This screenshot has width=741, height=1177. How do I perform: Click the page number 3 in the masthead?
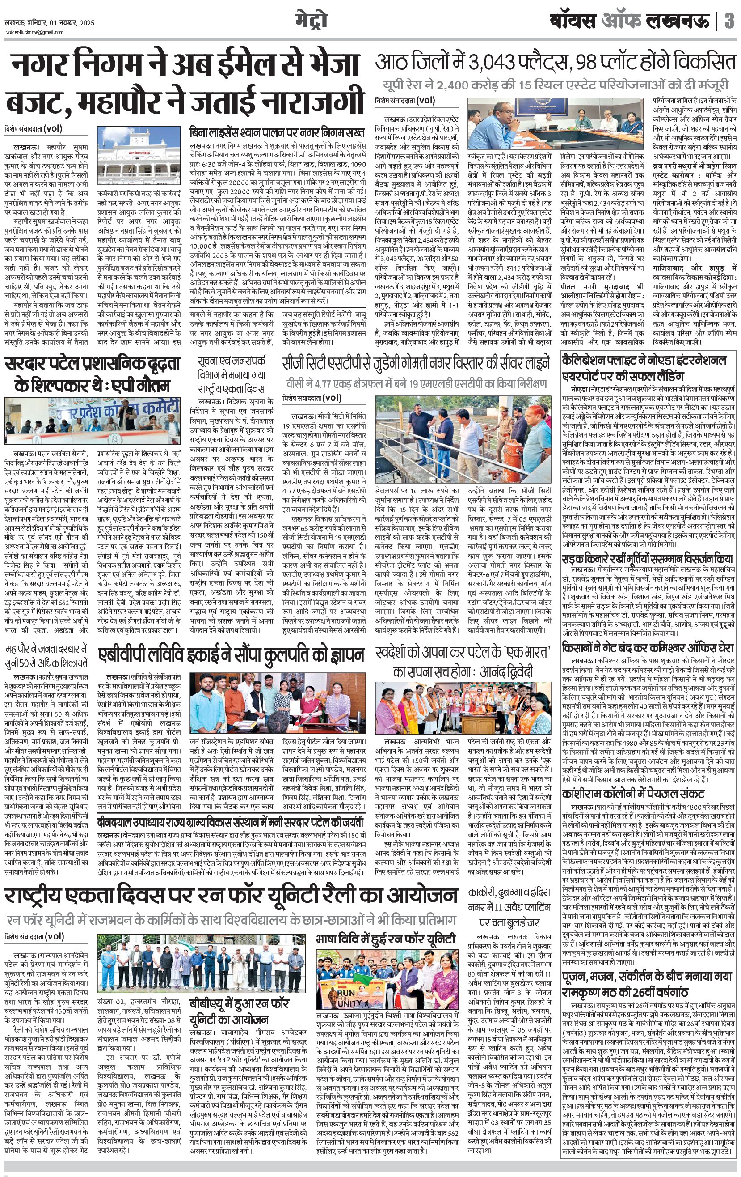coord(729,21)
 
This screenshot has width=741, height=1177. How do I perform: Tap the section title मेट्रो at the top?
coord(311,21)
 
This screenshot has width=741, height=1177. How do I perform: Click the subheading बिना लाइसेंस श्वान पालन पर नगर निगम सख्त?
coord(278,132)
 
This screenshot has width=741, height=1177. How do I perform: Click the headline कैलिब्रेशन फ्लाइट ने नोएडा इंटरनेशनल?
coord(644,368)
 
